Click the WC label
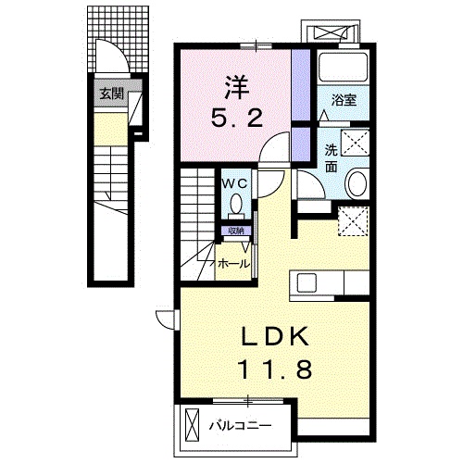click(x=233, y=182)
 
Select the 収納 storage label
click(x=235, y=231)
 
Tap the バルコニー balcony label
click(x=238, y=427)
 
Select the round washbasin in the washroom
click(x=357, y=183)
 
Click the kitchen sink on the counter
click(x=307, y=282)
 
